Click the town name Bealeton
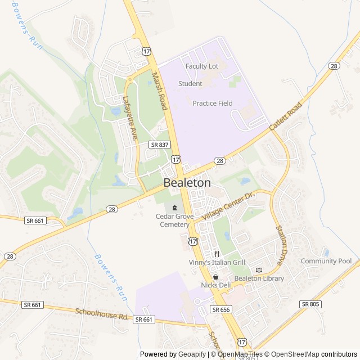187,183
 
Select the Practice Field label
213,103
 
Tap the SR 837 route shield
160,145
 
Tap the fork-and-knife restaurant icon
215,254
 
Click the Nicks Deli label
216,286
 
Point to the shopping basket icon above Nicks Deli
215,277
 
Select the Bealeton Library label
259,278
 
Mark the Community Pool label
326,261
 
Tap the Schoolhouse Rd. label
102,313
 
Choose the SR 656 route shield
222,309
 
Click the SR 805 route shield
310,304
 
